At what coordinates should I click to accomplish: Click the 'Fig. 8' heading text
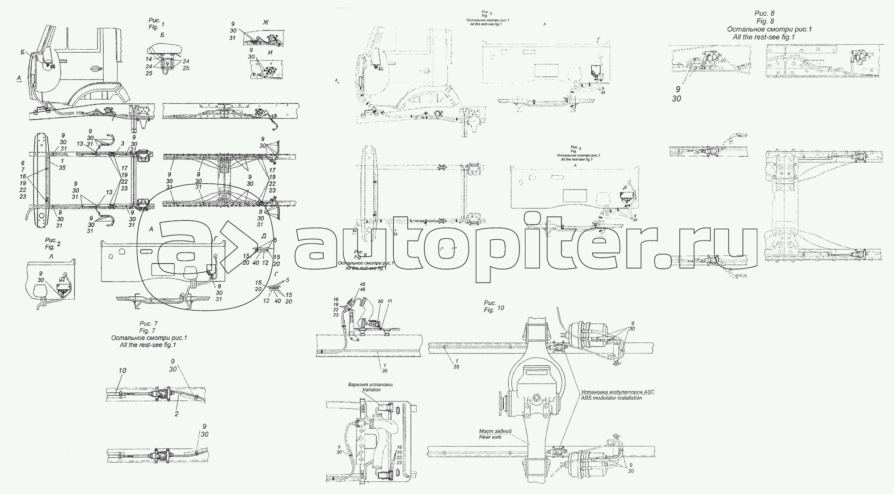765,21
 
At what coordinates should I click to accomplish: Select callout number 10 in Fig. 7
122,371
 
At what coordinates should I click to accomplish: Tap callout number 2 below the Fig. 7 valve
177,414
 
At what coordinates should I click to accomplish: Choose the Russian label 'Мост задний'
492,431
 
